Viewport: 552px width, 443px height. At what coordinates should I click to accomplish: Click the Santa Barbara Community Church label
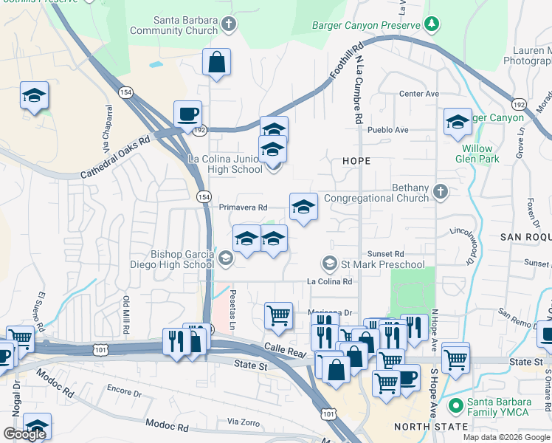174,25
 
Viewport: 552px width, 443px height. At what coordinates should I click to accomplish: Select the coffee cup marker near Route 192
187,114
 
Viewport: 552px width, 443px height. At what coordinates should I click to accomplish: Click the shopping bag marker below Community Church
217,63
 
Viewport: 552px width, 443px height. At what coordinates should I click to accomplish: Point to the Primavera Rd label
243,207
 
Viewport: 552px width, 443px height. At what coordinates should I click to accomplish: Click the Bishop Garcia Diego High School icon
225,257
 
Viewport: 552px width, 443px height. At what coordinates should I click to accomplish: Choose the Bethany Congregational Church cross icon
440,191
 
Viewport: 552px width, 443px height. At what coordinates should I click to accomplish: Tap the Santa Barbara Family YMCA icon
456,405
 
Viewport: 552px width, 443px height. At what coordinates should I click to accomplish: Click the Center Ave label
418,94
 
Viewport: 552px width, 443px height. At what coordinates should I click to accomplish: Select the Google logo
24,434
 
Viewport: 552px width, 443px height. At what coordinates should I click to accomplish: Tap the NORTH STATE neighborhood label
431,427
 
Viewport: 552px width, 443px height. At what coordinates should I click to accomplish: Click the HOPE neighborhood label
356,160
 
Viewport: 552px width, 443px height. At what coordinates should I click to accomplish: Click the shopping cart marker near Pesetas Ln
278,315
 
